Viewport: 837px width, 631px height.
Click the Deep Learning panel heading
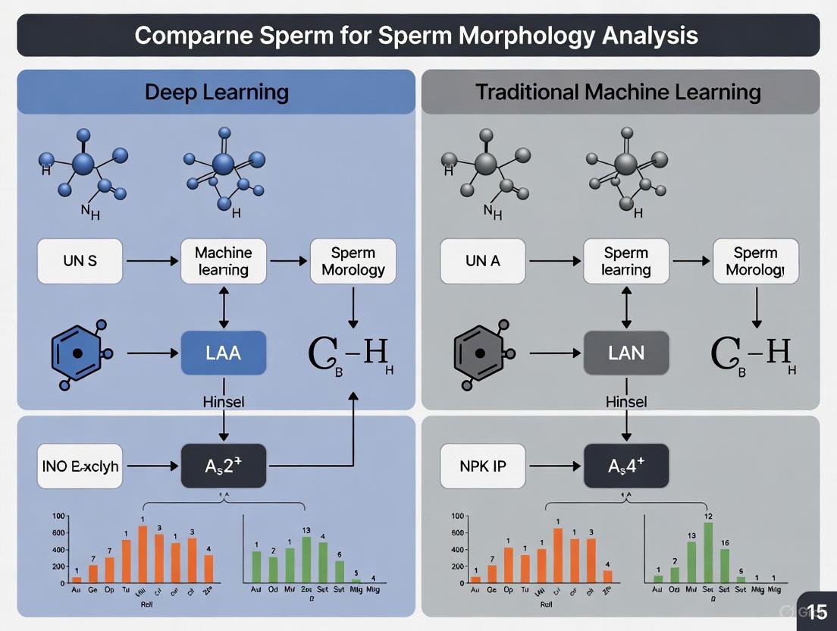click(x=216, y=93)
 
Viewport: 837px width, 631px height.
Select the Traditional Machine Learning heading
click(x=618, y=93)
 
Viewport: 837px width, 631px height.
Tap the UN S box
click(x=80, y=262)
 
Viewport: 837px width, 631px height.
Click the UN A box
click(x=483, y=262)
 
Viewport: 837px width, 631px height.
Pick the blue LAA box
click(x=224, y=353)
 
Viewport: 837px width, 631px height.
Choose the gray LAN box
click(x=626, y=353)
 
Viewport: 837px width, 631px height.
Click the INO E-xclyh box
click(x=80, y=466)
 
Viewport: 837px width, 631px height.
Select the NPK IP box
click(x=483, y=466)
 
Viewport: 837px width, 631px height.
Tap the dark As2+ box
click(x=224, y=466)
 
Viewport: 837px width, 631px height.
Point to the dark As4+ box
click(x=626, y=466)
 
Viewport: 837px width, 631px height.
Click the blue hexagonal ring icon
click(x=77, y=353)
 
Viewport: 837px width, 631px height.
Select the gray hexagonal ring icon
click(x=479, y=353)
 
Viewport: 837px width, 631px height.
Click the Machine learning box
click(x=223, y=262)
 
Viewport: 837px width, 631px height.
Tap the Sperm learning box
click(x=626, y=262)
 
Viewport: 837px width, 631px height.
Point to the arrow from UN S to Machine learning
click(x=152, y=262)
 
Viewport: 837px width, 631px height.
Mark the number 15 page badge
click(x=817, y=611)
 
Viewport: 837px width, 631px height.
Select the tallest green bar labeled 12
click(x=708, y=551)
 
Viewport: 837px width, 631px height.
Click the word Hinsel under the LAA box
click(x=224, y=402)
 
